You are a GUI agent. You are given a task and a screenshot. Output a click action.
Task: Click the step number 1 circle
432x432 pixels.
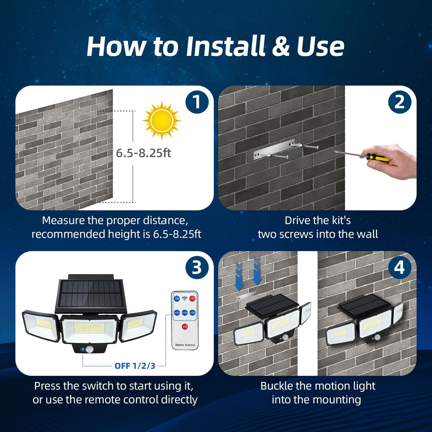pos(197,102)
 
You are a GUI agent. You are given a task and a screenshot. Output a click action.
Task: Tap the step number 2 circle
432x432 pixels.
pos(400,102)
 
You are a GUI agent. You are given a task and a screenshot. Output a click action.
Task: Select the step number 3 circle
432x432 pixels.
pos(197,268)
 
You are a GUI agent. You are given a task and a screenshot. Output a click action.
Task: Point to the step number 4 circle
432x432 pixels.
pos(400,268)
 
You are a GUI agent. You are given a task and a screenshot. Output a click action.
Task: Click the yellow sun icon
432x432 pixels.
pos(162,120)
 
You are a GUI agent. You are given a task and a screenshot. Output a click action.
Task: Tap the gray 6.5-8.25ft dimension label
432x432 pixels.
pos(143,153)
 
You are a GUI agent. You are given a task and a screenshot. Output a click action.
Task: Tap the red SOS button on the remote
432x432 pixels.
pos(185,327)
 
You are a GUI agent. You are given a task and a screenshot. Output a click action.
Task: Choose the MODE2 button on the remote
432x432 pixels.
pos(185,313)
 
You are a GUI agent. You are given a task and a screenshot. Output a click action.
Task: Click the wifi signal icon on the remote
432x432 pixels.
pos(185,299)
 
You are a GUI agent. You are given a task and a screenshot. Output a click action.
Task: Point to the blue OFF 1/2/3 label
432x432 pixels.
pos(135,366)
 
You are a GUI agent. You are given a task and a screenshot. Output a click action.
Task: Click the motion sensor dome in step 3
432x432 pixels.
pos(89,349)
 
